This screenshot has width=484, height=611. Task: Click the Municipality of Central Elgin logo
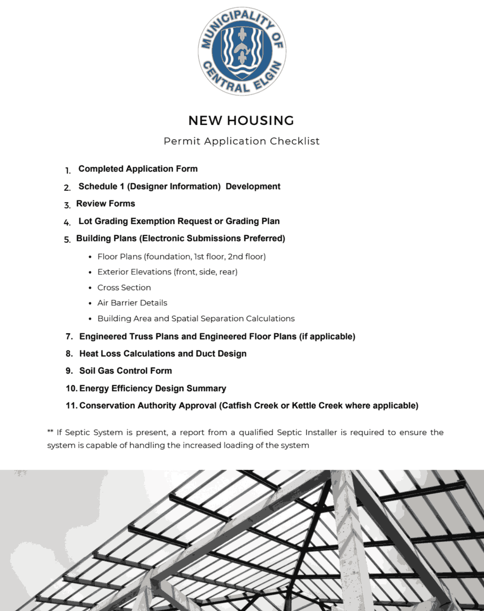click(242, 51)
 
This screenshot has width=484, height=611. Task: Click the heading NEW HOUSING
click(241, 120)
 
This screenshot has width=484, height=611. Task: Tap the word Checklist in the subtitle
click(295, 141)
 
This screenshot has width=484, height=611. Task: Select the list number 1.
click(68, 170)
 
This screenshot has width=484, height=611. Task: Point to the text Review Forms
click(106, 204)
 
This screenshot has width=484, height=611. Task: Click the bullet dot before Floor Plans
click(91, 257)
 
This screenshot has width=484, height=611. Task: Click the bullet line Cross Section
click(124, 287)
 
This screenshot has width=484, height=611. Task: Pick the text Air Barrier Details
click(132, 303)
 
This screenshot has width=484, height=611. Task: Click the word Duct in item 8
click(205, 354)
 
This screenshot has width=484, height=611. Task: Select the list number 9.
click(69, 371)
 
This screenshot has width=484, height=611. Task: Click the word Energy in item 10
click(94, 388)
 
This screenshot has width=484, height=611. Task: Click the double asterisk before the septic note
click(50, 432)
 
